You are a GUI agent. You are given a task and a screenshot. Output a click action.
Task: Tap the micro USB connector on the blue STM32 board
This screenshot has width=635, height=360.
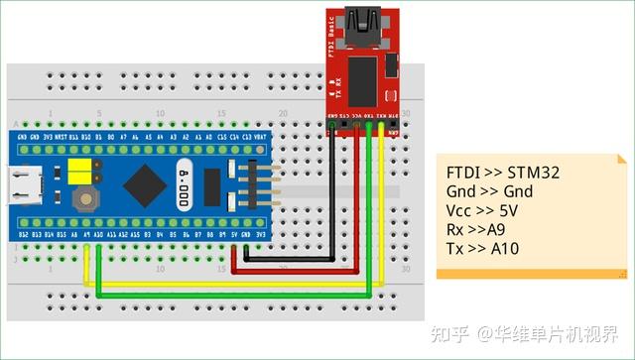(22, 182)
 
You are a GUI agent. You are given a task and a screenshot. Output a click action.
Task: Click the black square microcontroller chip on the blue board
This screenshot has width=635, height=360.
(148, 183)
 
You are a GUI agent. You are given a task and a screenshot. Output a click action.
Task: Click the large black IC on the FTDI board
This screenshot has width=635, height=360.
(363, 79)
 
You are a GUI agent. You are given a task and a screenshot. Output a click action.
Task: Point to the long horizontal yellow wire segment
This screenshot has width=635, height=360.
(228, 285)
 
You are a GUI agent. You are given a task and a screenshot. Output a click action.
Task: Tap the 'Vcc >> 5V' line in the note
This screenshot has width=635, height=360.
(482, 210)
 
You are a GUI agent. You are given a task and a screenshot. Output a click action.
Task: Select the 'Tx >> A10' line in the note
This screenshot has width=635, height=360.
(482, 248)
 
